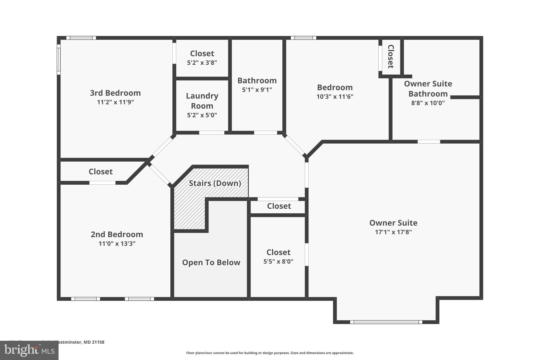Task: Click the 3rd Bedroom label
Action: (x=115, y=93)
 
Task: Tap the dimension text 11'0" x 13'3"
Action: (x=117, y=243)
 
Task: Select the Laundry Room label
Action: (x=202, y=101)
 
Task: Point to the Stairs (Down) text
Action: (x=215, y=183)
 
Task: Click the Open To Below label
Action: (x=211, y=262)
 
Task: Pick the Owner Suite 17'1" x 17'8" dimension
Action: (x=393, y=232)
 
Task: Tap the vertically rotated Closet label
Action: (x=390, y=56)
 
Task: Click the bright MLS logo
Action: (x=29, y=350)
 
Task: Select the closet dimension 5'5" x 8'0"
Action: (x=278, y=261)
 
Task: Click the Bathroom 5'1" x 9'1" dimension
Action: (x=257, y=90)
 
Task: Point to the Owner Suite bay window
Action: (x=386, y=322)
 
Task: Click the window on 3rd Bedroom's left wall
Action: (x=59, y=60)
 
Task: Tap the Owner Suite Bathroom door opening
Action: (x=429, y=142)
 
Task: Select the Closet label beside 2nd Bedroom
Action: (x=100, y=172)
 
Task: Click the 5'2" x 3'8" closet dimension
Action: (x=202, y=63)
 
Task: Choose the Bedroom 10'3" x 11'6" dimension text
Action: (x=335, y=97)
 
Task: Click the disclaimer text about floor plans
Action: (x=270, y=353)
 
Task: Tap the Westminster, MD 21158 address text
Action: (x=79, y=342)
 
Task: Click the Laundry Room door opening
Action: (x=211, y=133)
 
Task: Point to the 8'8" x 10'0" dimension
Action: (x=428, y=103)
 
